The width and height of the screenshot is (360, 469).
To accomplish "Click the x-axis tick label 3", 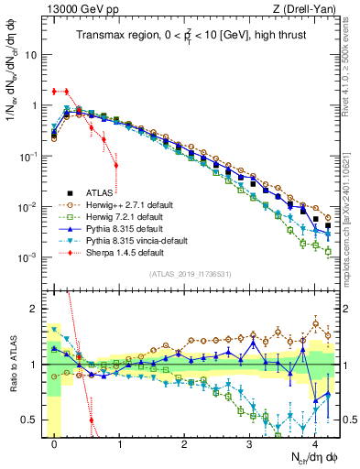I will coord(250,442).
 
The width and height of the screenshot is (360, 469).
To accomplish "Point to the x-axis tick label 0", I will coord(55,442).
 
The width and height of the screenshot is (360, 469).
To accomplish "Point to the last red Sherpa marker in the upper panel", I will coord(115,166).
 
